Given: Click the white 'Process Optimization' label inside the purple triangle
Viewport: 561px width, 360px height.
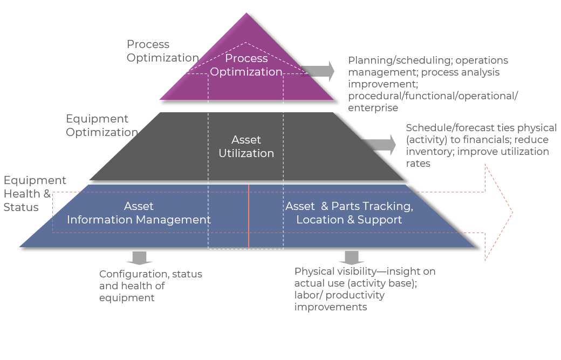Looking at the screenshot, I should click(x=246, y=65).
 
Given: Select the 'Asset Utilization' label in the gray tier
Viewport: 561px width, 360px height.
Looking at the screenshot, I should click(x=246, y=146).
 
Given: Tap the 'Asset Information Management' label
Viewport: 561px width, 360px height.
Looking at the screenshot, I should click(x=139, y=213).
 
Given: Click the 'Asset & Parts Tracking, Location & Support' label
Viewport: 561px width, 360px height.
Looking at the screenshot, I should click(x=349, y=213).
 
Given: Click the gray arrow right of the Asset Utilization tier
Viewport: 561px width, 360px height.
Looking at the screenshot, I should click(x=380, y=145).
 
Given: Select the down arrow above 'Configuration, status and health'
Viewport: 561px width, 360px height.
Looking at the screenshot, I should click(x=139, y=257).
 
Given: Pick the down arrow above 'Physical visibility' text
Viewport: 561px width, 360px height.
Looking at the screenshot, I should click(x=352, y=257).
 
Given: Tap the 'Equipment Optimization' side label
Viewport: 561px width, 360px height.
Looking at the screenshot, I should click(x=102, y=125).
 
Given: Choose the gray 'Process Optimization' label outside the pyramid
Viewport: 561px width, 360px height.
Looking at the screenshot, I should click(x=162, y=51).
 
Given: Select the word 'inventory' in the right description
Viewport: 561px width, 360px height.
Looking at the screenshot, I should click(x=430, y=152).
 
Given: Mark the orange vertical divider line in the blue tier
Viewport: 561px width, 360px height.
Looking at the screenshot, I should click(x=249, y=215).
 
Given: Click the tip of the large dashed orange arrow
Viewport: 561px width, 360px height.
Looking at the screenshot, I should click(x=511, y=212).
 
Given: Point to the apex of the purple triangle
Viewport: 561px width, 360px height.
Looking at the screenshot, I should click(x=247, y=14).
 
